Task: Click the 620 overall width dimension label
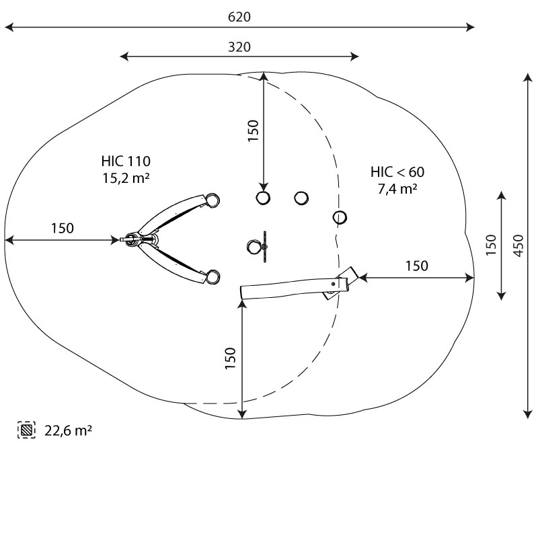(239, 17)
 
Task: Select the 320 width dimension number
(239, 47)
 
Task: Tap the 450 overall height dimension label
(518, 245)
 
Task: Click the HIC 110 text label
(126, 161)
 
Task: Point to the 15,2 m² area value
(126, 178)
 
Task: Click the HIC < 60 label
(397, 172)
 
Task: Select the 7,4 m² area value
(397, 189)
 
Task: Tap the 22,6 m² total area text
(68, 430)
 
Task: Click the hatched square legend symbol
(26, 430)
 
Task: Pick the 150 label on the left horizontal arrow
(62, 228)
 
